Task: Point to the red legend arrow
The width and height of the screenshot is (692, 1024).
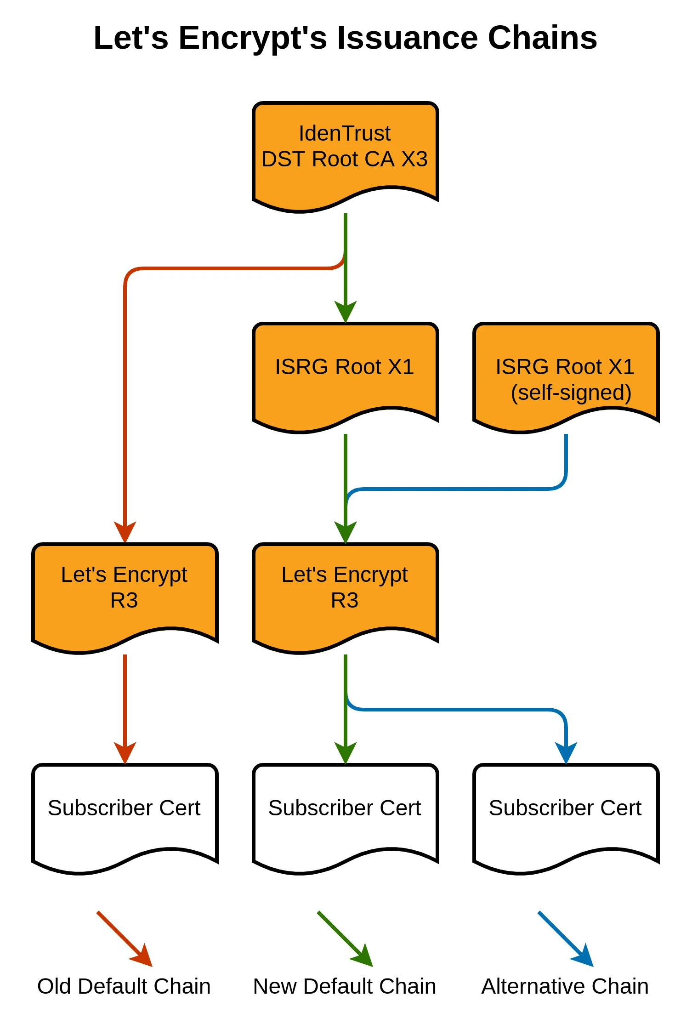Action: pos(125,939)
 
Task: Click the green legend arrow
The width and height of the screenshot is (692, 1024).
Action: pos(345,939)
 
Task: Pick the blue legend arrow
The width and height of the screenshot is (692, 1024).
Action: pos(566,939)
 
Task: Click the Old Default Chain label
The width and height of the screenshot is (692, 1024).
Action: pos(124,986)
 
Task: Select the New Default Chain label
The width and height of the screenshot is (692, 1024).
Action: pos(345,986)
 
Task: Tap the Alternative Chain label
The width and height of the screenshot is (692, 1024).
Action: pos(565,986)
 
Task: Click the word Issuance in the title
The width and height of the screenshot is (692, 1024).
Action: pos(407,38)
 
